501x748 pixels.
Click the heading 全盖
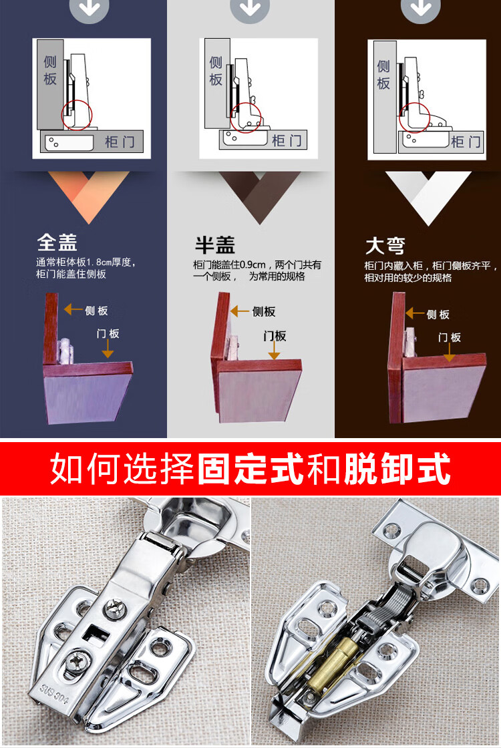[x=57, y=242]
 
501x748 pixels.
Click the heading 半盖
[x=214, y=244]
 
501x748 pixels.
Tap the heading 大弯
[x=385, y=246]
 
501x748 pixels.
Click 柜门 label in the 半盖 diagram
[x=287, y=140]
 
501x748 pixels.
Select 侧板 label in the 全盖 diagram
[x=50, y=70]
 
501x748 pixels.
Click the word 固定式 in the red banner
[x=250, y=468]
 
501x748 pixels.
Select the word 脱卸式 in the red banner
[x=397, y=468]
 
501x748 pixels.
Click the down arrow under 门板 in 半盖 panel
[x=274, y=351]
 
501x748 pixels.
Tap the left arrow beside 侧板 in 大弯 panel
[x=415, y=313]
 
